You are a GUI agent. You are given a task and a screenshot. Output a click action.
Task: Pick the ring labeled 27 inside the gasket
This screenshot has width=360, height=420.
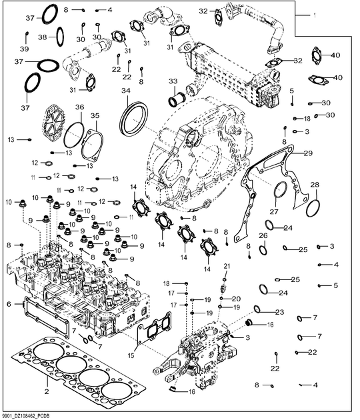tap(281, 190)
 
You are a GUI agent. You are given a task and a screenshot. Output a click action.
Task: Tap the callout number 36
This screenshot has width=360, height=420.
tap(79, 107)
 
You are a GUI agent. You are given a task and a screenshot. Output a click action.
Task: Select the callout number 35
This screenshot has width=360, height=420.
tap(95, 115)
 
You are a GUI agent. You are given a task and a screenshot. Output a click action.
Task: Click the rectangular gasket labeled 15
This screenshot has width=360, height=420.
tap(155, 331)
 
